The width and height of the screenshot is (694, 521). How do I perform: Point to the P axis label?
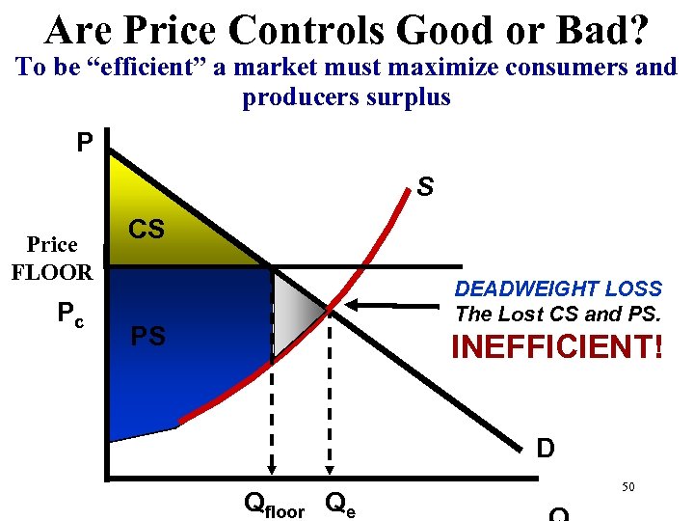pos(86,144)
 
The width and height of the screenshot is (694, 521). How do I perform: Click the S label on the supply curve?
pos(425,186)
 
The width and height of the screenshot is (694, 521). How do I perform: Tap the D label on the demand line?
pos(545,449)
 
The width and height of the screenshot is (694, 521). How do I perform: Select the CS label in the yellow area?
pos(147,230)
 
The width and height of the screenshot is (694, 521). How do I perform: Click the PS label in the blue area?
pos(147,337)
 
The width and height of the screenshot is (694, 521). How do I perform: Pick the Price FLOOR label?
pos(52,258)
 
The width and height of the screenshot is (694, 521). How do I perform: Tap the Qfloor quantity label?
pos(275,504)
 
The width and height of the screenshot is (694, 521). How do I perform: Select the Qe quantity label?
pos(340,503)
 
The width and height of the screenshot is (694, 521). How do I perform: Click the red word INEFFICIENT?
pos(557,345)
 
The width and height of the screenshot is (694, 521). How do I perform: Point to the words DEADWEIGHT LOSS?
pos(558,288)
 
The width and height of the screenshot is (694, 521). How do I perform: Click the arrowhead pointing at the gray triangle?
pos(356,307)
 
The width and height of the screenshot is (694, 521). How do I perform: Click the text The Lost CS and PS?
pos(558,314)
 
